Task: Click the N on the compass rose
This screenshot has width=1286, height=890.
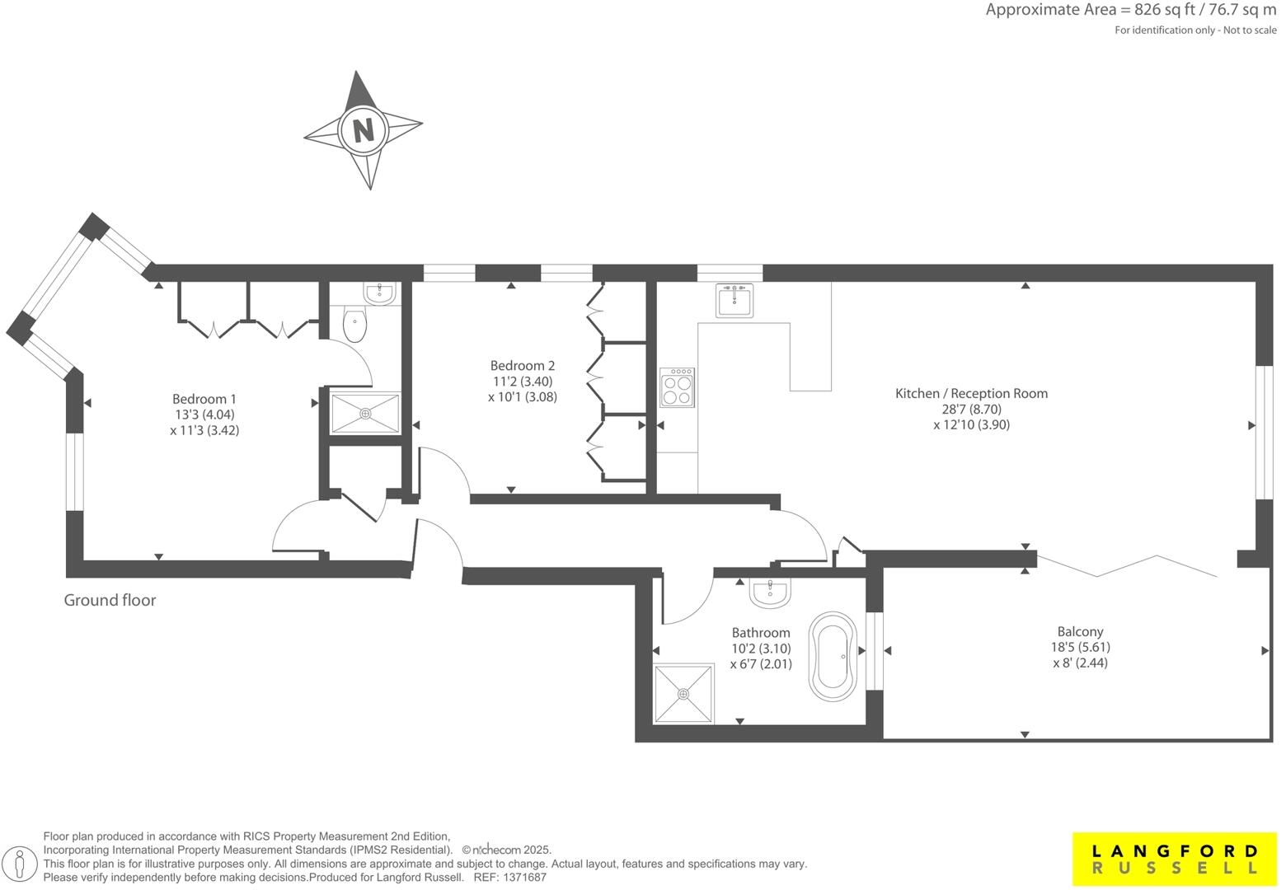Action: pyautogui.click(x=363, y=129)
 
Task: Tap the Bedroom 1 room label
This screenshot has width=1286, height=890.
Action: pyautogui.click(x=204, y=399)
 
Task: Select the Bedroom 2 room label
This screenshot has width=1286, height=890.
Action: pyautogui.click(x=522, y=365)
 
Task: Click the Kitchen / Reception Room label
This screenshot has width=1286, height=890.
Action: pyautogui.click(x=971, y=393)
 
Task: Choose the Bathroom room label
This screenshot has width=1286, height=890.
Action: pyautogui.click(x=760, y=632)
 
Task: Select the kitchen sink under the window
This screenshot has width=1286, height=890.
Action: pyautogui.click(x=734, y=301)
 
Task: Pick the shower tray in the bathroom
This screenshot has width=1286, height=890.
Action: pyautogui.click(x=683, y=694)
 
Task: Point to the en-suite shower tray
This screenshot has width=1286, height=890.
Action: pyautogui.click(x=365, y=413)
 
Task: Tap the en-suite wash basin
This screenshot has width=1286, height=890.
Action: pyautogui.click(x=380, y=293)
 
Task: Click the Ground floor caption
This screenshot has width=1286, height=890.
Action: pyautogui.click(x=110, y=600)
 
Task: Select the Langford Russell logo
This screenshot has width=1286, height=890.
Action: pyautogui.click(x=1174, y=860)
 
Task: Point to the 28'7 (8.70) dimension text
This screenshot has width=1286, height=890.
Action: pyautogui.click(x=971, y=409)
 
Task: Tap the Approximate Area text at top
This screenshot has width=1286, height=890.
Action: pyautogui.click(x=1130, y=11)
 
